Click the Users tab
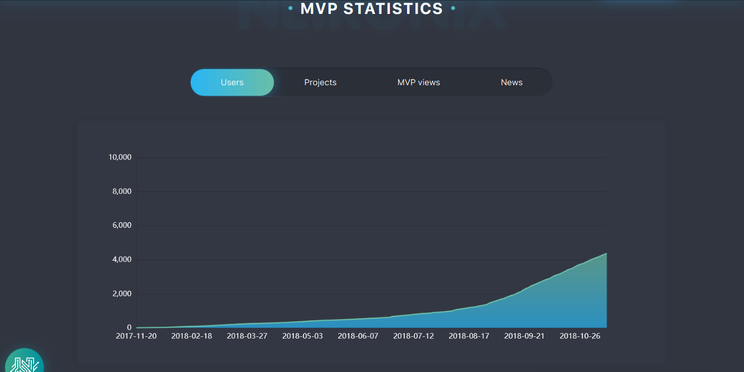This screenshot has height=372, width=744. point(232,82)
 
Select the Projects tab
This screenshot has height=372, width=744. point(320,82)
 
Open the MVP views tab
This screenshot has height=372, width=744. point(419,82)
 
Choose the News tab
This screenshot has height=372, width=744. point(511,82)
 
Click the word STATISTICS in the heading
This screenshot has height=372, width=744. point(393,9)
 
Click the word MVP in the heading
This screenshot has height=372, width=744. point(319,9)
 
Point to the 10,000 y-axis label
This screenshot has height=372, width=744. point(120,158)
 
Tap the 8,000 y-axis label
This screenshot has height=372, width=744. point(122,192)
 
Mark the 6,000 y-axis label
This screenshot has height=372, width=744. point(122,226)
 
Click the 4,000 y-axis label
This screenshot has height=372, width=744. point(122,260)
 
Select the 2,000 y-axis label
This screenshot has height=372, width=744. point(122,294)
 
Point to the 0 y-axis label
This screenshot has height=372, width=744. point(129,328)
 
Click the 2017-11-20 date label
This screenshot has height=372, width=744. point(136,336)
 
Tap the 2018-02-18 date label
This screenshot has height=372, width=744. point(192,336)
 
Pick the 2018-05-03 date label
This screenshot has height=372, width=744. point(302,336)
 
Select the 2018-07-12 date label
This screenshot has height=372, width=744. point(413,336)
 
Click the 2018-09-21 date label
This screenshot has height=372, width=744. point(524,336)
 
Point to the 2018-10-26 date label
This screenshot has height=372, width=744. point(580,336)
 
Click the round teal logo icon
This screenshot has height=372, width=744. point(24,362)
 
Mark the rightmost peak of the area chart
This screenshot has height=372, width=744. point(606,254)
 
